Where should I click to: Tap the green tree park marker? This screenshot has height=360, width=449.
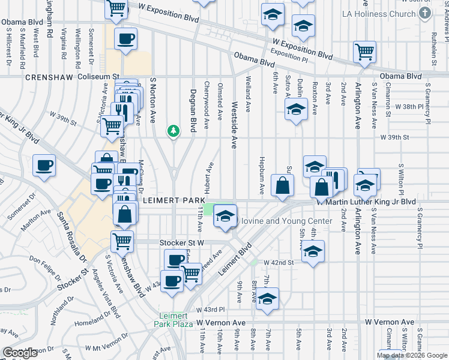pos(173,130)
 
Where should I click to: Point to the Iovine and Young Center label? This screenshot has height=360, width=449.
pos(286,221)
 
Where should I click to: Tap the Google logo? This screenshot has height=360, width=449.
pos(20,353)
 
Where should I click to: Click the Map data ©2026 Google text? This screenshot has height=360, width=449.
pos(412,355)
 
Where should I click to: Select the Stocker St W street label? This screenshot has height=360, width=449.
pos(182,242)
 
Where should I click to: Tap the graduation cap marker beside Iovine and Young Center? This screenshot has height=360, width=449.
pos(225,217)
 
